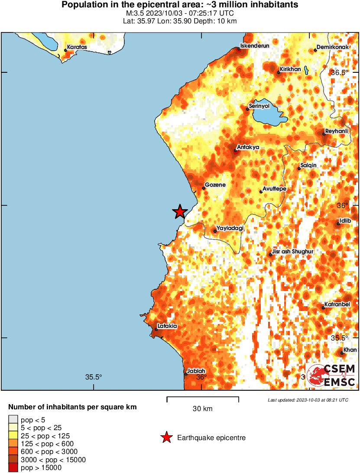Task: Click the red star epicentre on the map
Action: pos(180,211)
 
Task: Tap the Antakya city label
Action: pos(248,147)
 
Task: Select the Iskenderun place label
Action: pos(252,45)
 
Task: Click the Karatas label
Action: pos(77,46)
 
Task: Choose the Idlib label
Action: pos(345,220)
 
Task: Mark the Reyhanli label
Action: pos(337,131)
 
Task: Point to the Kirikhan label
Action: pos(290,69)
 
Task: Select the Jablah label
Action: pos(196,371)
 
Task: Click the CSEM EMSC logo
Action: pos(331,375)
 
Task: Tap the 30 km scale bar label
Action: pos(202,408)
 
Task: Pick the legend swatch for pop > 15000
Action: pos(13,467)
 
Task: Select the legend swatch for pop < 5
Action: pos(13,419)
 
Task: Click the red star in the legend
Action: pos(166,438)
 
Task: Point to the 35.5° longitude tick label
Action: pos(93,377)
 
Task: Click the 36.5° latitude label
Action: pos(340,72)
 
